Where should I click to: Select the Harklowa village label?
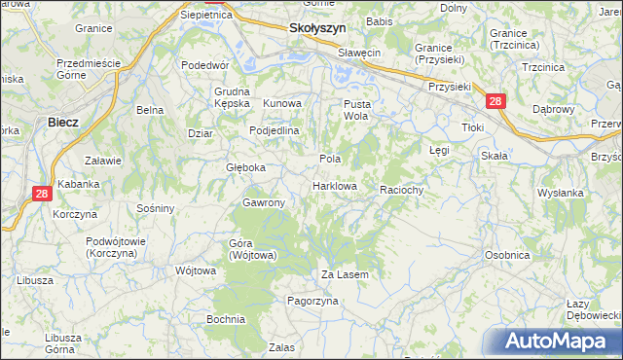point(335,185)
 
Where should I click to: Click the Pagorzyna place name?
point(311,302)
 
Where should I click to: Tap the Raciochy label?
point(401,190)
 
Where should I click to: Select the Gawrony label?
point(263,202)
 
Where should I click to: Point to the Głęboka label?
point(245,167)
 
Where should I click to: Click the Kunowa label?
point(283,102)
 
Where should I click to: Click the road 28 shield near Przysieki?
point(495,101)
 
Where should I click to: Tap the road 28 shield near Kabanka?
point(41,194)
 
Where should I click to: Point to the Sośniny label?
point(156,208)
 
